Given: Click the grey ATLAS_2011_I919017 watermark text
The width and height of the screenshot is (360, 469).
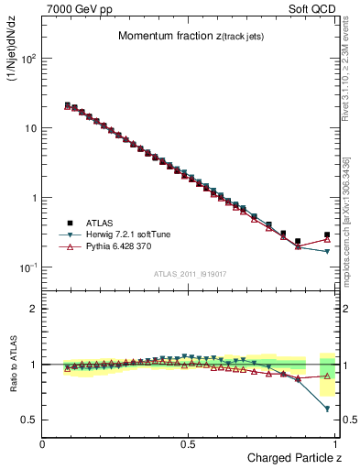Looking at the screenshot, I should pos(190,274).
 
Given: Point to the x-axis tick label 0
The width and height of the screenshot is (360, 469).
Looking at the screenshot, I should pos(43,444).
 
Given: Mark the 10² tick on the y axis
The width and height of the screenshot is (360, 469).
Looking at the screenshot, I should pos(28,58).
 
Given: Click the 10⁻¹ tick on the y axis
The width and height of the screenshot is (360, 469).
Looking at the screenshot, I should pos(28,267).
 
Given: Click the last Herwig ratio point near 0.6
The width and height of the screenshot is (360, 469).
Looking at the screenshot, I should pos(327,409).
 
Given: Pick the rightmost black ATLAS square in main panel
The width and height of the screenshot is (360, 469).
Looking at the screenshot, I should pos(327,234).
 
